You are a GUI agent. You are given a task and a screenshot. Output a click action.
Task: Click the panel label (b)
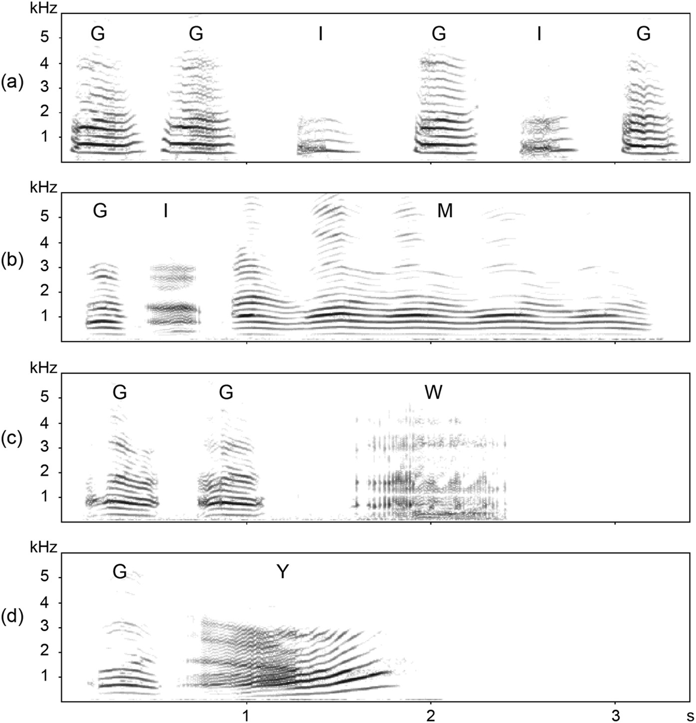pyautogui.click(x=12, y=261)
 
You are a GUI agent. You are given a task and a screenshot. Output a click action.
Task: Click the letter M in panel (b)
pyautogui.click(x=445, y=212)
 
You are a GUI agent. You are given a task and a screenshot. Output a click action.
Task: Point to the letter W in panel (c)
pyautogui.click(x=433, y=393)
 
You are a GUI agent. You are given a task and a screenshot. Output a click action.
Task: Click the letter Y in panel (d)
pyautogui.click(x=282, y=572)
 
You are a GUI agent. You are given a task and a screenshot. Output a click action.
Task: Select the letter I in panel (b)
pyautogui.click(x=165, y=212)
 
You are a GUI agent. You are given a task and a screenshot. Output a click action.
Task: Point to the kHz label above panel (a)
pyautogui.click(x=44, y=7)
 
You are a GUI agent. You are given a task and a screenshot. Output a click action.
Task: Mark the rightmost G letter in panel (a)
pyautogui.click(x=644, y=34)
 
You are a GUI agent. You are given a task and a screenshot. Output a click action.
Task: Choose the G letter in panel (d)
pyautogui.click(x=119, y=572)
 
